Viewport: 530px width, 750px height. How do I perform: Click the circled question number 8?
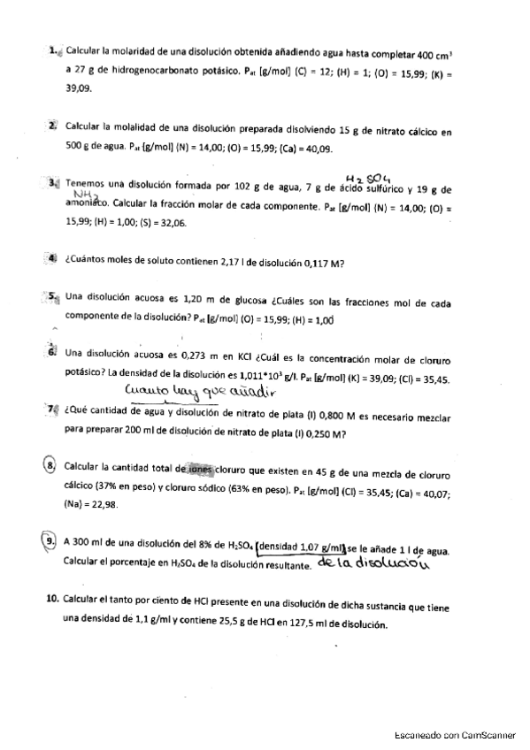(x=51, y=466)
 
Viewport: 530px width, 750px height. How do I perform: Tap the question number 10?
(x=52, y=599)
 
